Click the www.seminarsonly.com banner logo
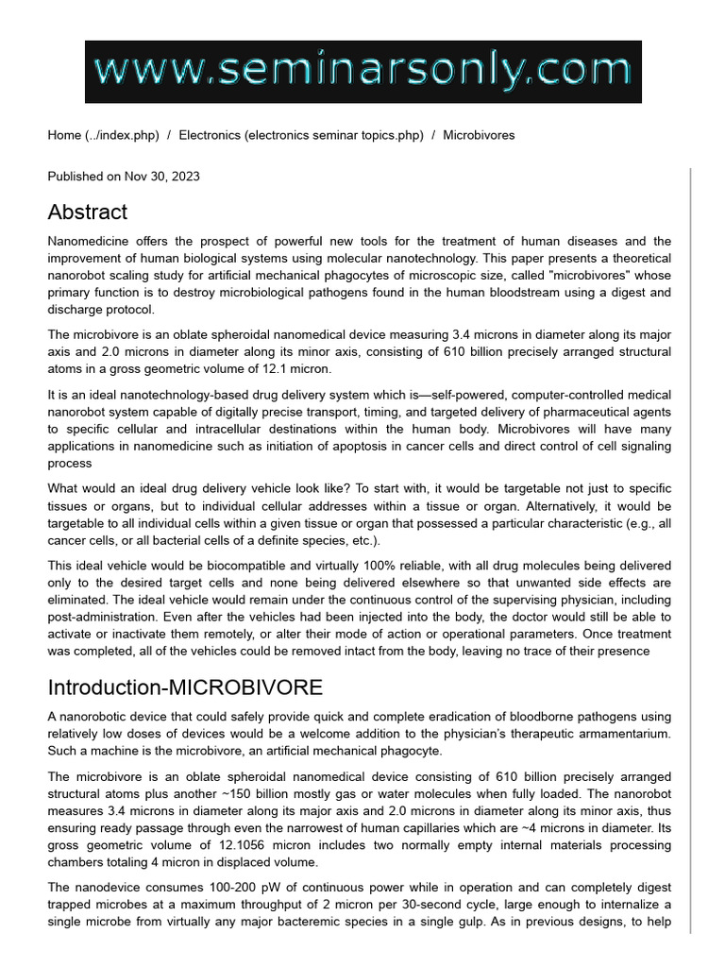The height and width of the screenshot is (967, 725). pos(362,72)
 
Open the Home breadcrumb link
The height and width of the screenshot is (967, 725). pos(103,135)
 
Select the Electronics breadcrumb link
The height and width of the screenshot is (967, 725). pos(301,135)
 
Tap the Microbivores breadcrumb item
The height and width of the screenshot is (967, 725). pos(479,135)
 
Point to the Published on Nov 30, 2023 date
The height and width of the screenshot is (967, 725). pos(124,177)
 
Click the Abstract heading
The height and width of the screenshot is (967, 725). pos(88,212)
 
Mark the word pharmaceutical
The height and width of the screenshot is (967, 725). pos(579,413)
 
